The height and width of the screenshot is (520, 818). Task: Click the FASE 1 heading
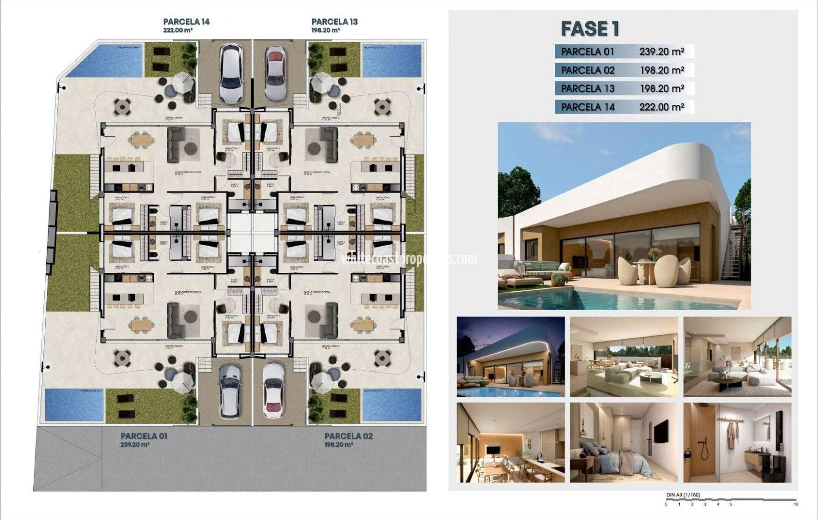(590, 29)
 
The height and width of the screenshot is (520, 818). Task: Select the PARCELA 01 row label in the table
(588, 52)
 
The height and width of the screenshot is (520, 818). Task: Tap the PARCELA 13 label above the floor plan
(334, 22)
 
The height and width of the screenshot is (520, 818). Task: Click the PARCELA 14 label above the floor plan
(186, 22)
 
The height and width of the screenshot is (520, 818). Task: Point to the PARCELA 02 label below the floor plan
(348, 436)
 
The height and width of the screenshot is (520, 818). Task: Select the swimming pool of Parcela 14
(104, 60)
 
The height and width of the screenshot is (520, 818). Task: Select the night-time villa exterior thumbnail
(511, 357)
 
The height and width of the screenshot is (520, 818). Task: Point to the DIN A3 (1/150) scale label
(683, 494)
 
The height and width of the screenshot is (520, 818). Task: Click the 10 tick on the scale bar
(795, 504)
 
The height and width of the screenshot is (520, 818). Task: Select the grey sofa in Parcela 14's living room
(175, 144)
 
